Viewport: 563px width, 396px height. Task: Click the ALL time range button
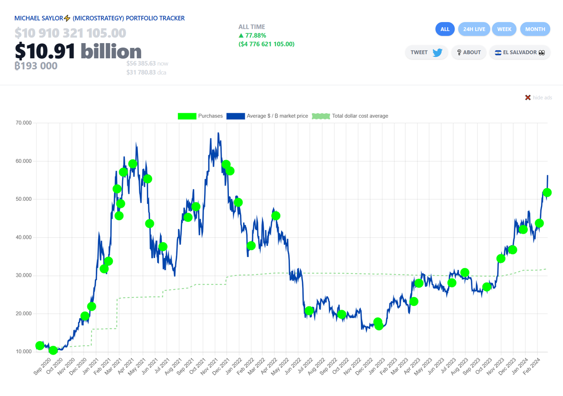(445, 29)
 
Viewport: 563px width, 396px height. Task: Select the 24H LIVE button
(474, 29)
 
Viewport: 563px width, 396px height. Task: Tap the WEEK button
(504, 29)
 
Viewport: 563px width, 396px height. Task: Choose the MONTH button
(535, 29)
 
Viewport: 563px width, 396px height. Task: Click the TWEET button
(426, 53)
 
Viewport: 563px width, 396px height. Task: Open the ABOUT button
(468, 53)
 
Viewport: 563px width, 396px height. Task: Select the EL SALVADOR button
(519, 53)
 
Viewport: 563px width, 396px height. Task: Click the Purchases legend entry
(200, 116)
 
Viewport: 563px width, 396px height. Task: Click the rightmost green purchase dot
(547, 192)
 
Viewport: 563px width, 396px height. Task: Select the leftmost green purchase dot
(40, 346)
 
